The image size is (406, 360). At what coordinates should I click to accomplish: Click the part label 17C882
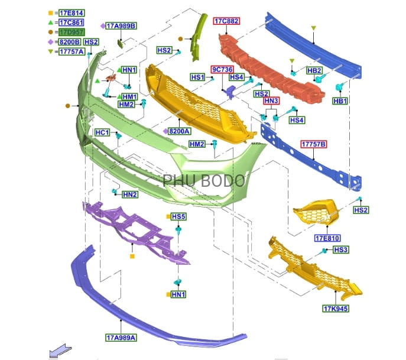coord(226,21)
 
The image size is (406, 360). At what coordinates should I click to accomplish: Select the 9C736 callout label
coord(223,69)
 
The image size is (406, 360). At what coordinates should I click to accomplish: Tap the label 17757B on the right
coord(314,144)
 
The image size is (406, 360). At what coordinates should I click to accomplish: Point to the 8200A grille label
coord(179,131)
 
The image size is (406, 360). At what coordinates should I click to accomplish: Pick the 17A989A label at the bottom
coord(121,338)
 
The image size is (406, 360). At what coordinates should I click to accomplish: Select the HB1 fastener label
coord(340,101)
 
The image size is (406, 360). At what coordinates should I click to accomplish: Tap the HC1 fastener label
coord(102,133)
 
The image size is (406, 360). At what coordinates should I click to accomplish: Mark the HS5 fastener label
coord(179,217)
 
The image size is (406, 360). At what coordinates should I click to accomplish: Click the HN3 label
coord(271,101)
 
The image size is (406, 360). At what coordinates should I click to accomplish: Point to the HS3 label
coord(341,250)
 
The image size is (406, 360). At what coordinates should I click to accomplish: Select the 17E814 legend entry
coord(71,12)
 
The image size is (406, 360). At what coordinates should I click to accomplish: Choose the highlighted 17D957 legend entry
coord(71,32)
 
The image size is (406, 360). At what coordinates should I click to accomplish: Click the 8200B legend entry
coord(71,42)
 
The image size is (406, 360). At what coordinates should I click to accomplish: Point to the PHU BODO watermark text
coord(204,180)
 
